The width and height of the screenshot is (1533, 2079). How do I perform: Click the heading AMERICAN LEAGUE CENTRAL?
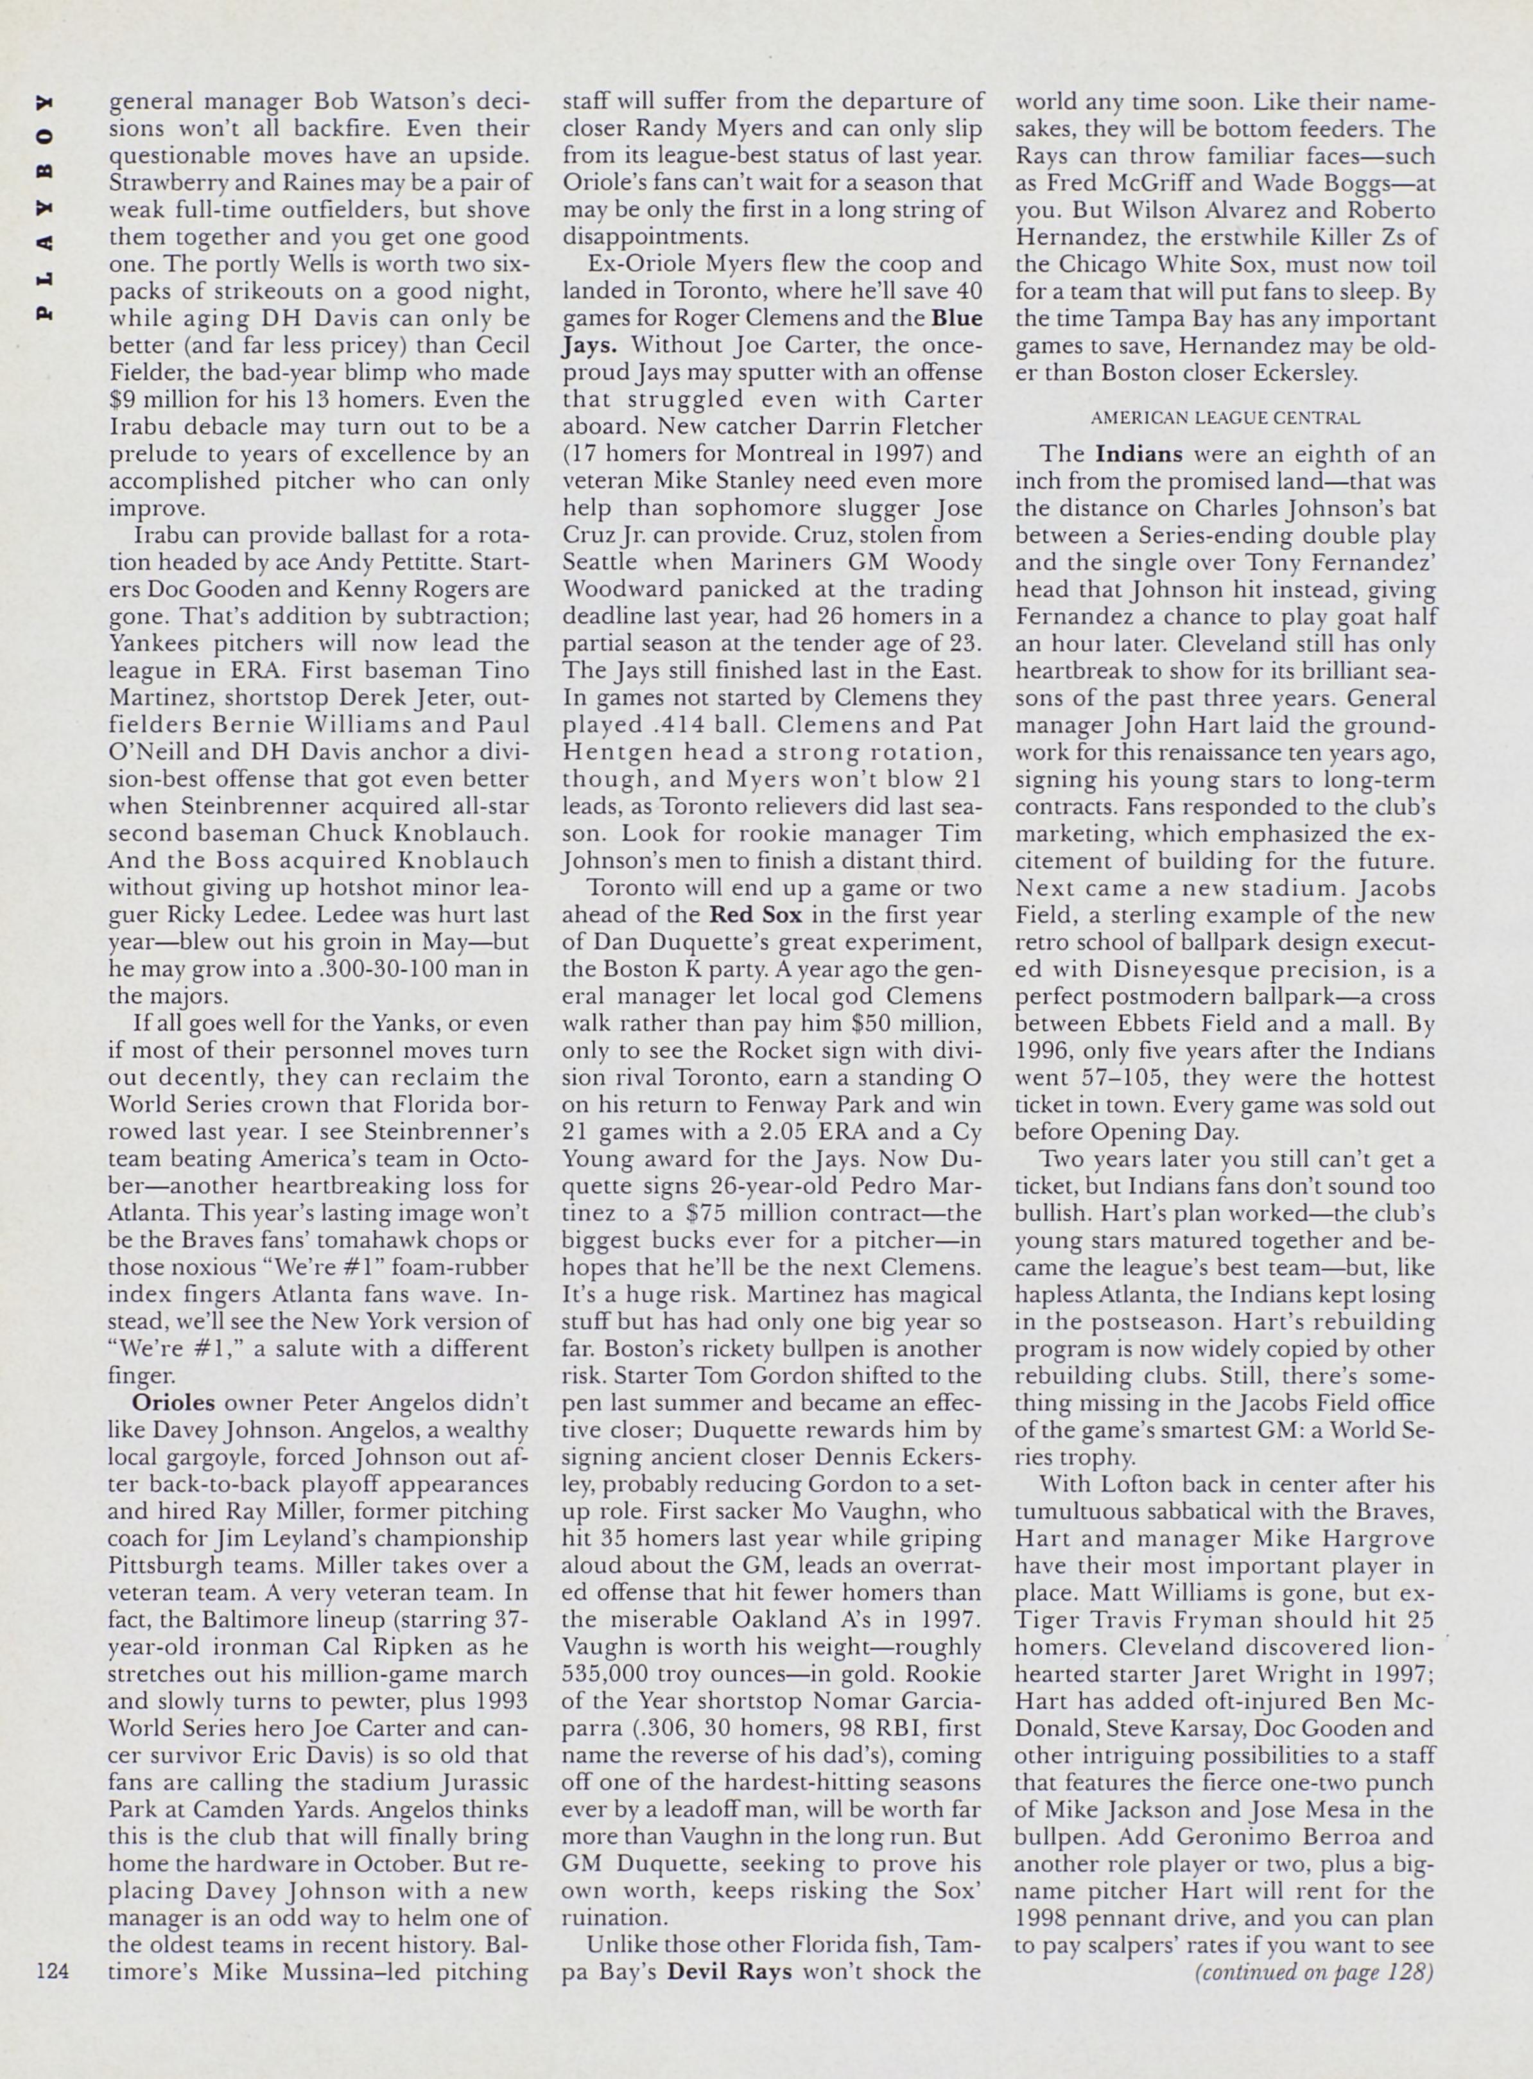(1225, 419)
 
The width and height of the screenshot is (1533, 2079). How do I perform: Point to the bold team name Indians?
(1139, 455)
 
